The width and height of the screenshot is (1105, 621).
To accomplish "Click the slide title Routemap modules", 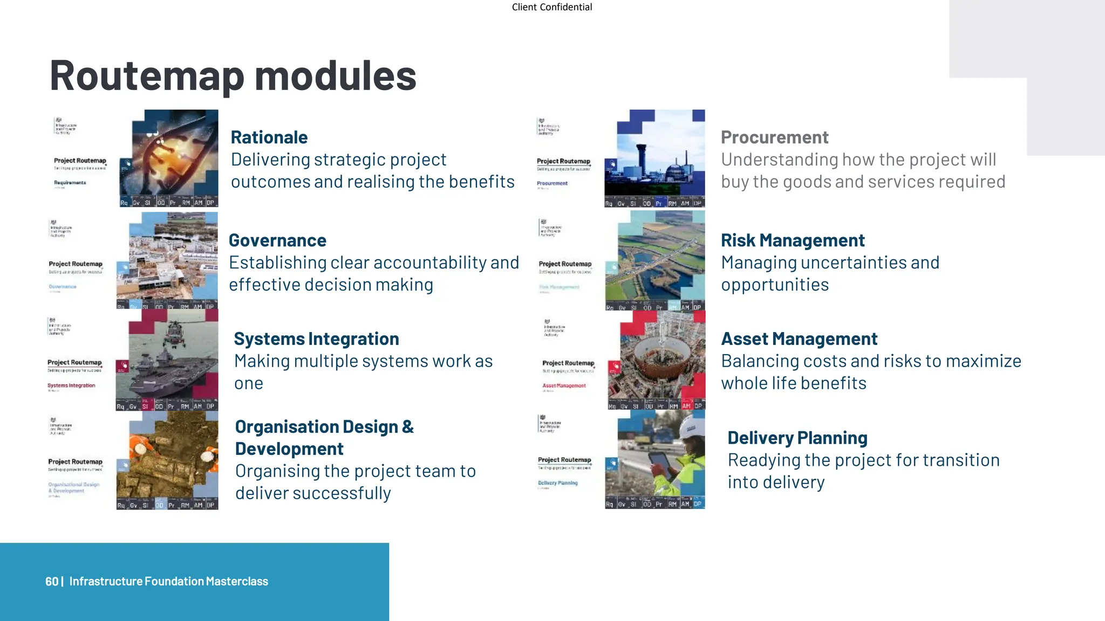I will click(x=233, y=75).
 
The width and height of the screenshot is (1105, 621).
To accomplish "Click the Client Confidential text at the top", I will click(x=551, y=7).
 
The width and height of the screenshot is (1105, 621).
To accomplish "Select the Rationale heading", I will click(x=269, y=137).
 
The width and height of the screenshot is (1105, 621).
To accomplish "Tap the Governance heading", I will click(x=277, y=240).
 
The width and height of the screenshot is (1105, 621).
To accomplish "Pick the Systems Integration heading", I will click(x=316, y=339).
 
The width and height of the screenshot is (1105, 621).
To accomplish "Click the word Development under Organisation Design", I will click(x=289, y=449).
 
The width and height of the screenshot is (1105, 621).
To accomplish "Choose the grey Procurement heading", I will click(x=774, y=137).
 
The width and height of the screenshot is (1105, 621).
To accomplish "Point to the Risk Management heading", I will click(x=793, y=240).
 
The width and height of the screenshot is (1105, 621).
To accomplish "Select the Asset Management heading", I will click(x=799, y=339).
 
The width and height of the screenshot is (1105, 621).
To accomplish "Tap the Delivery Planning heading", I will click(x=797, y=438).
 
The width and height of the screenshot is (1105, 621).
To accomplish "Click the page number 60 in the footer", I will click(x=51, y=582).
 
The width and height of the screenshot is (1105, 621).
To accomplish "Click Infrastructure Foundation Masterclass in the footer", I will click(x=168, y=582).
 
